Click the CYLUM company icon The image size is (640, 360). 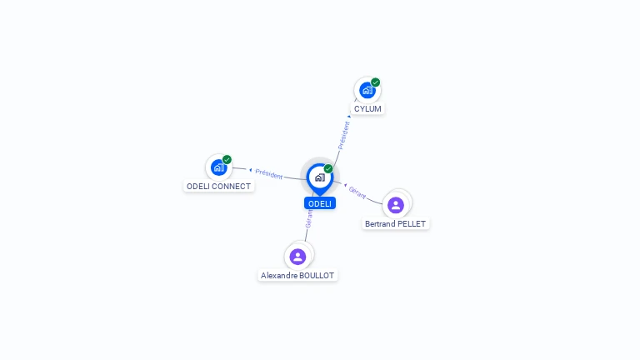tap(367, 91)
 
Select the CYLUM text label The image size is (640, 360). tap(367, 109)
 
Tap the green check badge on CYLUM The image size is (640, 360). tap(376, 82)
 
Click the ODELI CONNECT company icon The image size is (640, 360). tap(218, 167)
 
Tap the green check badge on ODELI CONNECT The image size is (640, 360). tap(227, 159)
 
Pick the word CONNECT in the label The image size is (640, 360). tap(232, 187)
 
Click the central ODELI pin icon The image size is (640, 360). tap(319, 177)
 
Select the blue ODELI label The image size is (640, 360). tap(320, 203)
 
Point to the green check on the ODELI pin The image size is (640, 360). tap(328, 169)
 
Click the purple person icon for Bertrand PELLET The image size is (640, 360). tap(396, 204)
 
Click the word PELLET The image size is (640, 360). tap(413, 224)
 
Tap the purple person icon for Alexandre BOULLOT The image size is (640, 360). tap(297, 256)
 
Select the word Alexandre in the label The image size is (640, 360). tap(279, 275)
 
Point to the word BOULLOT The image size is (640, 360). tap(317, 275)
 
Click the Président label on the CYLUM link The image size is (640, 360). tap(343, 135)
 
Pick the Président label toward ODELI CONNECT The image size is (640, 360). tap(269, 173)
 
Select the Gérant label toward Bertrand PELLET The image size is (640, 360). tap(357, 192)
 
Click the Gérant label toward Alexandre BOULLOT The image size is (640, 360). tap(309, 219)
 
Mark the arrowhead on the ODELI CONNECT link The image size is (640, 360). tap(251, 170)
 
